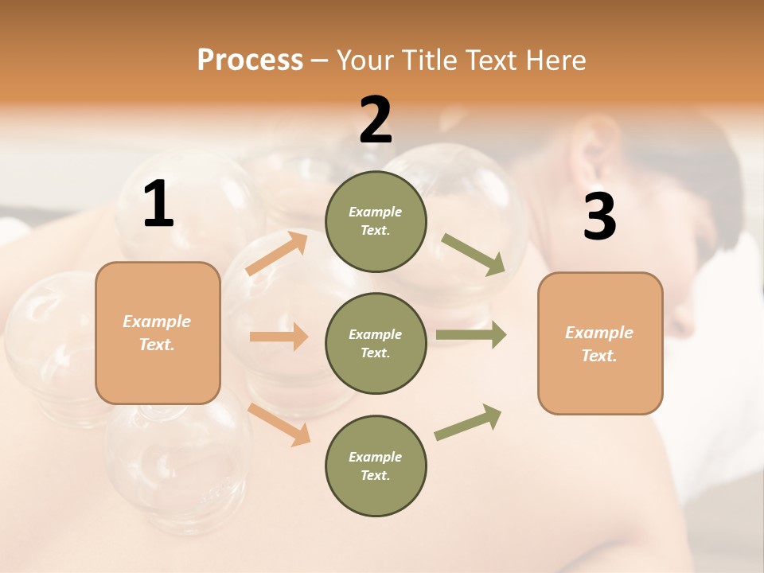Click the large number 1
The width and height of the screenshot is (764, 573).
pyautogui.click(x=158, y=205)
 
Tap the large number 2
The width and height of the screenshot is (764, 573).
pyautogui.click(x=376, y=120)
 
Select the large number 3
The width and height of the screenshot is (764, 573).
pyautogui.click(x=599, y=217)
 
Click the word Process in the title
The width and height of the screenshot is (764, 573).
pyautogui.click(x=250, y=60)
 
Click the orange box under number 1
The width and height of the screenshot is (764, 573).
pyautogui.click(x=158, y=333)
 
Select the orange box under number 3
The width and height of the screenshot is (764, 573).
pyautogui.click(x=600, y=343)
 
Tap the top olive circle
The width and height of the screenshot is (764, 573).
pyautogui.click(x=376, y=220)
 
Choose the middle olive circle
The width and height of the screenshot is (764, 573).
pyautogui.click(x=376, y=343)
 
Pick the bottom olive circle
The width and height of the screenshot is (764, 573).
pyautogui.click(x=376, y=466)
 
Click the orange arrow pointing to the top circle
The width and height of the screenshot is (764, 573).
pyautogui.click(x=277, y=253)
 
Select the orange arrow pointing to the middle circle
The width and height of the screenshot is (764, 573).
pyautogui.click(x=279, y=337)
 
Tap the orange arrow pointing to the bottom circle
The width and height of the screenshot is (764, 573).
pyautogui.click(x=279, y=423)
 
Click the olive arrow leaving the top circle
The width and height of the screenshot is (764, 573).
pyautogui.click(x=474, y=255)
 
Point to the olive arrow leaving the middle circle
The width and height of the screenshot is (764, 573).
pyautogui.click(x=471, y=335)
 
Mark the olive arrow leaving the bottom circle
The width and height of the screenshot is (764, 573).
pyautogui.click(x=468, y=422)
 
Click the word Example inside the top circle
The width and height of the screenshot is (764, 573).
pyautogui.click(x=376, y=212)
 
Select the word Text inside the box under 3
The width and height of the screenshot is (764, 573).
pyautogui.click(x=598, y=356)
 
